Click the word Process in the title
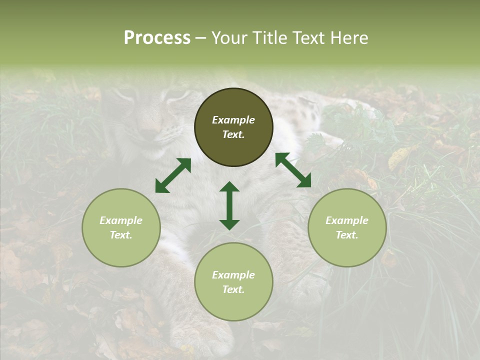[x=157, y=38]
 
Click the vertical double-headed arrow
[x=229, y=205]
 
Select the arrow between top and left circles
[x=173, y=175]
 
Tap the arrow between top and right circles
[x=293, y=170]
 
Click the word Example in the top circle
[x=233, y=120]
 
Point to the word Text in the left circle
[x=121, y=235]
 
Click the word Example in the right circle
[x=347, y=220]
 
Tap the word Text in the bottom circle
[x=233, y=289]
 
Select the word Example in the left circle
[x=121, y=220]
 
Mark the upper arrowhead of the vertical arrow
[x=229, y=187]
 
